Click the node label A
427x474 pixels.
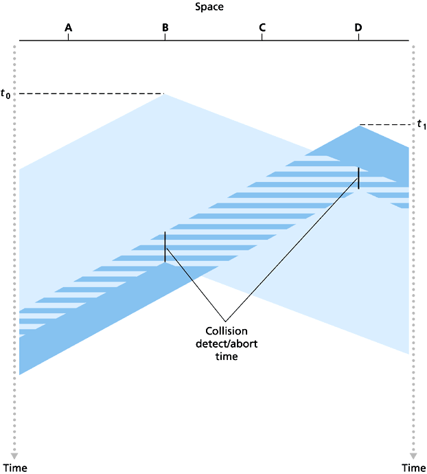pos(68,27)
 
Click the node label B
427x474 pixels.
pos(165,27)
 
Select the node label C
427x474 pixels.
pos(262,27)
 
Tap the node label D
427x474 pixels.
pos(358,27)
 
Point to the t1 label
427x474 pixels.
pos(422,124)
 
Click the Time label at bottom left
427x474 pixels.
pos(13,468)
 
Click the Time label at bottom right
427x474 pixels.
pos(413,468)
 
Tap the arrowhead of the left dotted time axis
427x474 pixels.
pos(15,455)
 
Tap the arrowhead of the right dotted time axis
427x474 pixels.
pos(413,455)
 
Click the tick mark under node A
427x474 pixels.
pos(68,37)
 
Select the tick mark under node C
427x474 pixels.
pos(262,37)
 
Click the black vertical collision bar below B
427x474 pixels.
pos(165,247)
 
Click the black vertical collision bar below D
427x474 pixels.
pos(358,177)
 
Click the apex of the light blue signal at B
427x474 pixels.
pos(165,95)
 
